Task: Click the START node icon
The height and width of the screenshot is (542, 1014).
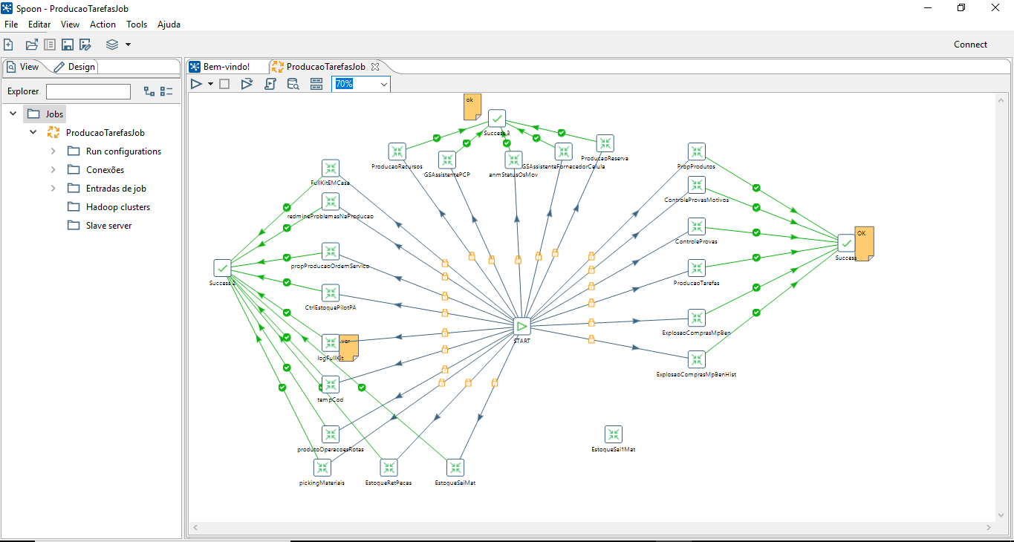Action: point(521,326)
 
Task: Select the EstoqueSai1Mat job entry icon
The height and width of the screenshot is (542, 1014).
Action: point(613,434)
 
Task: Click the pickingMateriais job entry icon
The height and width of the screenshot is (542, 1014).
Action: point(322,468)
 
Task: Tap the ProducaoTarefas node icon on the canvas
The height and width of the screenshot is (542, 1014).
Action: point(696,268)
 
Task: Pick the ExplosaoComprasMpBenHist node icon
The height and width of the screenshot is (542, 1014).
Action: point(696,360)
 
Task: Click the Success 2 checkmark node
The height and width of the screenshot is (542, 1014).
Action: point(222,268)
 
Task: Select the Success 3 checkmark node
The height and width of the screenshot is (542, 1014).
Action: point(497,118)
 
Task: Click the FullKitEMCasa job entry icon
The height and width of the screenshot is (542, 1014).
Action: point(331,168)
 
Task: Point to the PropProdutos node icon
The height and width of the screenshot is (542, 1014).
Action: point(696,152)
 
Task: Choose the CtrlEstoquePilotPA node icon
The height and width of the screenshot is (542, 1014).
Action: point(331,293)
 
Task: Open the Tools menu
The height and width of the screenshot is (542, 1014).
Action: point(137,25)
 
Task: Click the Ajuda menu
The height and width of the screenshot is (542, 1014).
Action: point(169,25)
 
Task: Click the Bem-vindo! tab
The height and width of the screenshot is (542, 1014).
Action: point(226,67)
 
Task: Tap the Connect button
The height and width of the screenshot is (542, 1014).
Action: point(970,45)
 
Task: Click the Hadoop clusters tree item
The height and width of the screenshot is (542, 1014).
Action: point(117,207)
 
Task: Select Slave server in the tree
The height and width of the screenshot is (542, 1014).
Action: point(109,226)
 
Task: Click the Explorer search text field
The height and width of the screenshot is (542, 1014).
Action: point(88,91)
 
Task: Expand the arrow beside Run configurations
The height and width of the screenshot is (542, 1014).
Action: point(53,151)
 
